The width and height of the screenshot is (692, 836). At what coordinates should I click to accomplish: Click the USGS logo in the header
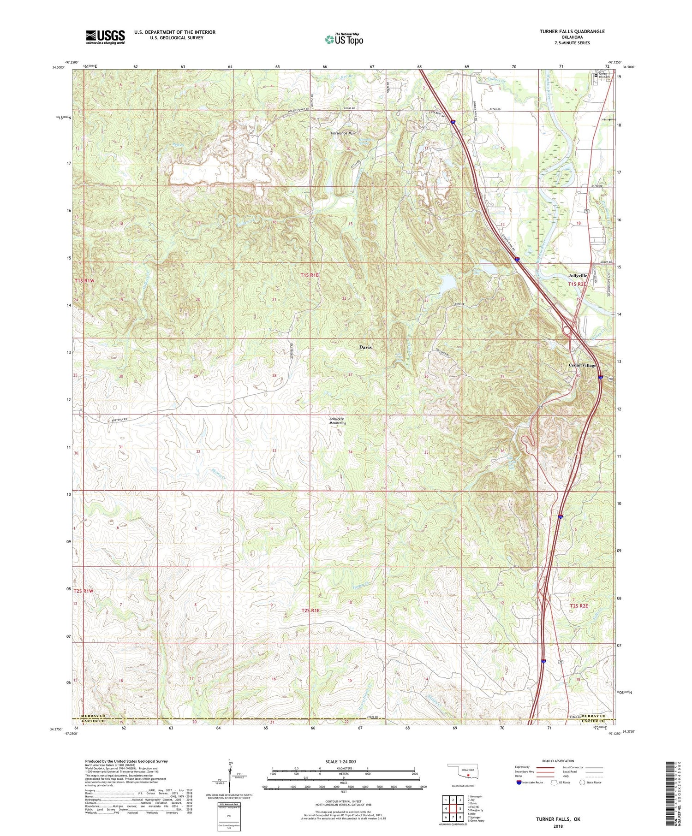(x=105, y=37)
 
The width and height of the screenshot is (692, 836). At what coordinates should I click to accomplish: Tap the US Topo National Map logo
(x=344, y=39)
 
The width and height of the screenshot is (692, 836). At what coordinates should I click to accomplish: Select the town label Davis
(x=365, y=347)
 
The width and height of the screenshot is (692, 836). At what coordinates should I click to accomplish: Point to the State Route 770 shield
(x=610, y=379)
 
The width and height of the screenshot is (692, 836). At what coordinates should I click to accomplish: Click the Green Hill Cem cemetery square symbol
(x=596, y=76)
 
